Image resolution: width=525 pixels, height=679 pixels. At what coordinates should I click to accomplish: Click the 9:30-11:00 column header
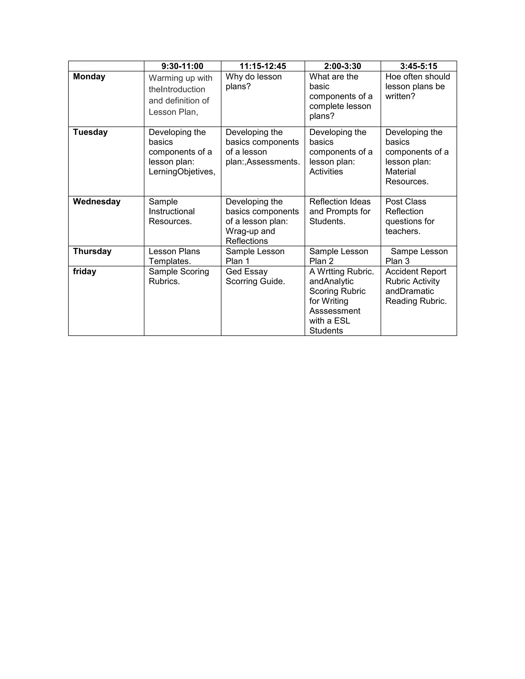(x=182, y=66)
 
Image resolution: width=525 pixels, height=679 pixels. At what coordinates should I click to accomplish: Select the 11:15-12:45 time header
(x=263, y=66)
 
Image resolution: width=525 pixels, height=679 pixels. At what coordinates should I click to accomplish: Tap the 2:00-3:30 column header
(x=342, y=66)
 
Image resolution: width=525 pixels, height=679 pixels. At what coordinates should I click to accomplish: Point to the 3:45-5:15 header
(x=419, y=66)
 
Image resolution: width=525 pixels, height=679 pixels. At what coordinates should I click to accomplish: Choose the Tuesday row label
(x=90, y=132)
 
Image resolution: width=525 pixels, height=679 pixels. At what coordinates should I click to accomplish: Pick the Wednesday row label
(x=97, y=201)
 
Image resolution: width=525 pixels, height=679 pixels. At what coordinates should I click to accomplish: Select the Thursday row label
(x=92, y=251)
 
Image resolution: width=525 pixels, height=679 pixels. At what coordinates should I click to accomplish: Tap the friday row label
(x=85, y=271)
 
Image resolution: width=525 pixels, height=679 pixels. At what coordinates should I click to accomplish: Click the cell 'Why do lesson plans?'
(x=254, y=81)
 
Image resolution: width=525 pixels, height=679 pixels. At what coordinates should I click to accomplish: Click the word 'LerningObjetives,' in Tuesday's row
(x=182, y=172)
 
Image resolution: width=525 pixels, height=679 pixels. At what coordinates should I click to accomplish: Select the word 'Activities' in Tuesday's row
(x=326, y=172)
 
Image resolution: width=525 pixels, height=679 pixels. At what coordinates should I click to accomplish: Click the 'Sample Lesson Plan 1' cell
(x=255, y=256)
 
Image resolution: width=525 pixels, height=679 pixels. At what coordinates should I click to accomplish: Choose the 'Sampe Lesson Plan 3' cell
(x=417, y=256)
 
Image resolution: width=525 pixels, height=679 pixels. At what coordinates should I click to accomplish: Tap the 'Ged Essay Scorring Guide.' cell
(x=255, y=276)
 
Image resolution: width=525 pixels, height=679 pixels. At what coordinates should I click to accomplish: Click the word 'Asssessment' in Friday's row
(x=335, y=311)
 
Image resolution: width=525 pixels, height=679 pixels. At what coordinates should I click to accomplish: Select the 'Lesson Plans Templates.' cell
(x=174, y=256)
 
